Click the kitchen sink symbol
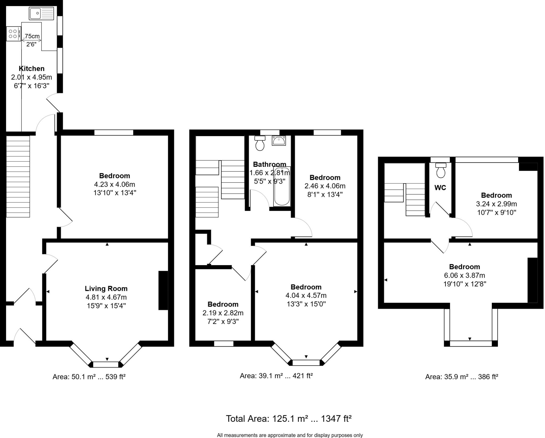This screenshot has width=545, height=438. (42, 13)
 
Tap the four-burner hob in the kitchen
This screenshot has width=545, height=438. (13, 34)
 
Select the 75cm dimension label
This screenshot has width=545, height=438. (31, 36)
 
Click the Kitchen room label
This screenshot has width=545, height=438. (31, 68)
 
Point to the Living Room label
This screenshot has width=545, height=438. (106, 289)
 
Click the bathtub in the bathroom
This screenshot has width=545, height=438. (282, 186)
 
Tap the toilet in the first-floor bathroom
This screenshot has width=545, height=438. (260, 143)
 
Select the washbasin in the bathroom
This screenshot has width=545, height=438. (279, 140)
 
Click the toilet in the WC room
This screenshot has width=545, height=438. (441, 170)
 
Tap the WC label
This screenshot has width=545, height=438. (440, 188)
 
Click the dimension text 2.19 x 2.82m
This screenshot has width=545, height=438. (223, 313)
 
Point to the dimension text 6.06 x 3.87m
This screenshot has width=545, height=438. (464, 275)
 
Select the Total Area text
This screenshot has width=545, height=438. (288, 419)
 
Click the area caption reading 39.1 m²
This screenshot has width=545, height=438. (276, 376)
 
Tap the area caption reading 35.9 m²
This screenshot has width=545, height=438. (461, 377)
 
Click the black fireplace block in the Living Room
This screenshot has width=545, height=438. (163, 290)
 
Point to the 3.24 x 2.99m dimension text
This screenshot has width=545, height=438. (496, 204)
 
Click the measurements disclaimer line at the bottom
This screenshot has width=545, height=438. (290, 435)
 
